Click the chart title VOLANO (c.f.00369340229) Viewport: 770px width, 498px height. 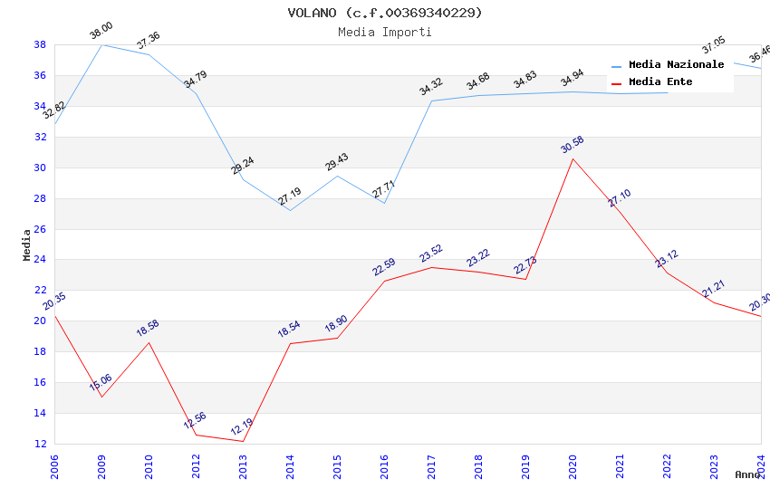click(x=385, y=13)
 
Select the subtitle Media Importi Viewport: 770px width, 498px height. click(x=385, y=32)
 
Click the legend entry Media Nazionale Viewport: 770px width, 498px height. click(x=676, y=65)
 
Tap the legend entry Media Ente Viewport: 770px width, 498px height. click(x=660, y=82)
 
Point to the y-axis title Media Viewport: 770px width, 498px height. click(x=27, y=244)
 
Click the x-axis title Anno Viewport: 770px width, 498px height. click(x=747, y=474)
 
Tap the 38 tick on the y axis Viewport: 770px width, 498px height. click(x=41, y=44)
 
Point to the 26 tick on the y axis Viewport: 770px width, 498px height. click(x=41, y=229)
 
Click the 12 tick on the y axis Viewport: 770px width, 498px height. click(x=41, y=444)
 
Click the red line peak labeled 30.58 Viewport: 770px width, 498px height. click(x=573, y=158)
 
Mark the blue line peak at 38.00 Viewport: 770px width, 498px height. click(x=101, y=44)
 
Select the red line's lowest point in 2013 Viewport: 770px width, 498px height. click(x=243, y=441)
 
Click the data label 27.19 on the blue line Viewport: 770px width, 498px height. click(x=290, y=196)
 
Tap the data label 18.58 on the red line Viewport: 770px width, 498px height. click(x=148, y=328)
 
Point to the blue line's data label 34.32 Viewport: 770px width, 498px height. click(x=430, y=87)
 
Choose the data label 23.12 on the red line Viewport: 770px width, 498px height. click(x=667, y=258)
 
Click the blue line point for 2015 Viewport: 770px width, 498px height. click(x=337, y=176)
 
